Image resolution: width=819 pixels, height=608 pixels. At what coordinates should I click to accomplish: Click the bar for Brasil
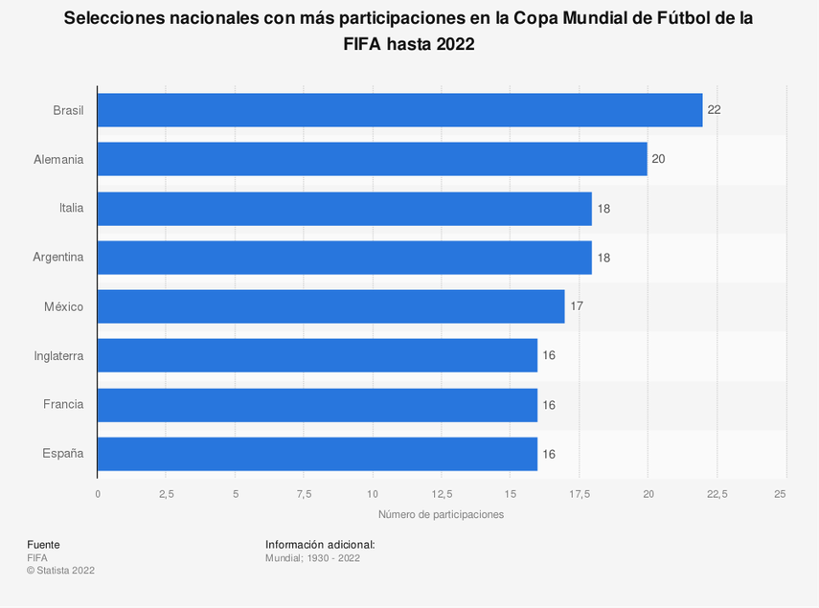(x=399, y=110)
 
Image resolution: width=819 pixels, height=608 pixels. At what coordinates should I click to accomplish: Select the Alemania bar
(x=372, y=159)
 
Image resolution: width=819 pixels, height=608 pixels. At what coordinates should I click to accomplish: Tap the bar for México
(x=330, y=306)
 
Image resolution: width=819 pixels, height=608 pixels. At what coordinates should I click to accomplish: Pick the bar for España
(x=317, y=454)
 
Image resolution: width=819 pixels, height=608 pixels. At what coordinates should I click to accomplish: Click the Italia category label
(x=71, y=208)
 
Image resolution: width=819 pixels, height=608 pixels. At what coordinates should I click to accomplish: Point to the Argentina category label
(x=58, y=258)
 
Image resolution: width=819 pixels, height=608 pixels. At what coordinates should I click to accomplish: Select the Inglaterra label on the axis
(x=58, y=356)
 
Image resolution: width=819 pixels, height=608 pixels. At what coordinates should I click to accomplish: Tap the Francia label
(x=63, y=405)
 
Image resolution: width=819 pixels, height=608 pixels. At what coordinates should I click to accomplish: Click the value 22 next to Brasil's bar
(x=714, y=110)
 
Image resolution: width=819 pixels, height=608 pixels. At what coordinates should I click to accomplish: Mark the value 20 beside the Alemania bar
(x=658, y=159)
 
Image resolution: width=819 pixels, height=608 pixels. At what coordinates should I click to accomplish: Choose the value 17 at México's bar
(x=577, y=306)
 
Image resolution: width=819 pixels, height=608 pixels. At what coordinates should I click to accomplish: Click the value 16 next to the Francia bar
(x=549, y=405)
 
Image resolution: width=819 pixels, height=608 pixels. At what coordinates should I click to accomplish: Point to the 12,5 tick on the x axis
(x=442, y=494)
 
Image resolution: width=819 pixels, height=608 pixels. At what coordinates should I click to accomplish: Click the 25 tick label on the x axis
(x=780, y=494)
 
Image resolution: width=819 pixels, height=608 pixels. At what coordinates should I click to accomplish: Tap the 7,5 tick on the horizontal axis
(x=304, y=494)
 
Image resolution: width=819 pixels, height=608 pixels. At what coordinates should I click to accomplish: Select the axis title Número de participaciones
(x=441, y=515)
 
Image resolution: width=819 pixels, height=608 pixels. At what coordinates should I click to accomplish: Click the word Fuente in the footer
(x=43, y=545)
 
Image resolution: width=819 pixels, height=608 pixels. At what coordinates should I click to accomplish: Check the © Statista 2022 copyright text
(x=60, y=571)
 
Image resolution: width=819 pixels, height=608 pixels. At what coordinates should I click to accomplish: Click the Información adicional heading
(x=320, y=545)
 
